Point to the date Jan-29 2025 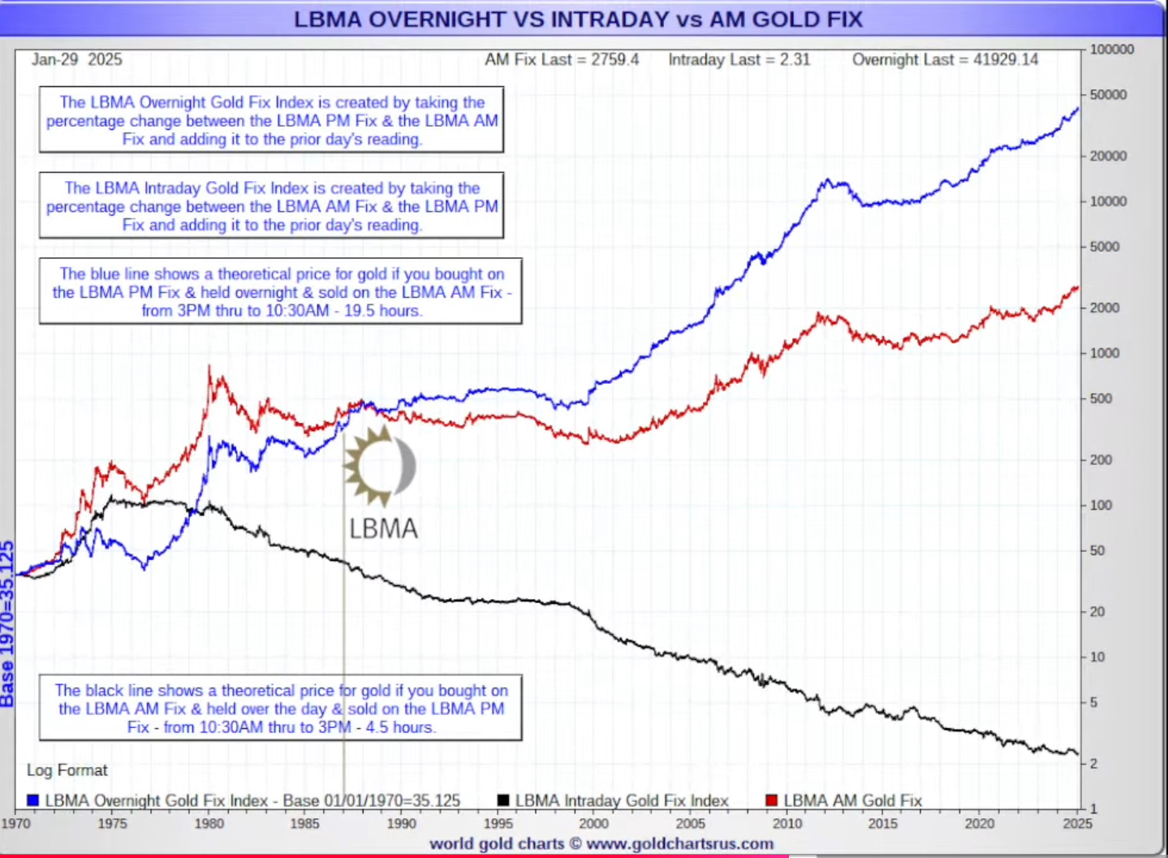click(x=77, y=59)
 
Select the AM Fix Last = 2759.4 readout click(x=562, y=59)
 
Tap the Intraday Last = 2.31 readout click(x=739, y=59)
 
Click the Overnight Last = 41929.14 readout click(x=945, y=59)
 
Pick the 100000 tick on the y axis click(x=1111, y=50)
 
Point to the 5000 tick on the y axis click(x=1105, y=247)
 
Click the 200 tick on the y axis click(x=1101, y=459)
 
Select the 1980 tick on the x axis click(x=209, y=823)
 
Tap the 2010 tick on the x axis click(x=787, y=823)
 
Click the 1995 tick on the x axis click(x=498, y=823)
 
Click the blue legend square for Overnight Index click(x=33, y=800)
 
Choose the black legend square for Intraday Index click(x=503, y=800)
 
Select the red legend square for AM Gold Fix click(x=772, y=800)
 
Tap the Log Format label click(x=67, y=770)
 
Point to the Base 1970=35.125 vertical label click(x=7, y=623)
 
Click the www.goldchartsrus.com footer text click(x=679, y=843)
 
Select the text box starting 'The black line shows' click(x=281, y=708)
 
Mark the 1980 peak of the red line click(x=209, y=367)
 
